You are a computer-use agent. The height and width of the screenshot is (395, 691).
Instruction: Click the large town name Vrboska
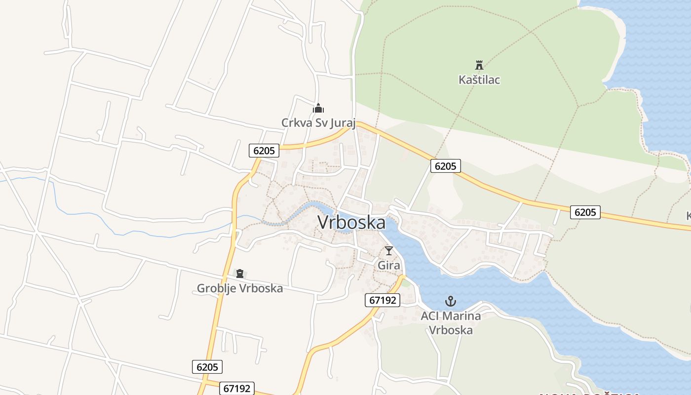(351, 222)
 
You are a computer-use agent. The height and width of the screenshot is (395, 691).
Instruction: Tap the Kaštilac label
(479, 79)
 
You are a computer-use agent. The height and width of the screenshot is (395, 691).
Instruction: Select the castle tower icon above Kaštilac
(479, 65)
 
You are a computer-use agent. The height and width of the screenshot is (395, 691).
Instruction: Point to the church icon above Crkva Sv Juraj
(318, 108)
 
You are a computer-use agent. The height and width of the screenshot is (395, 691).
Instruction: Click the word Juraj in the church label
(342, 122)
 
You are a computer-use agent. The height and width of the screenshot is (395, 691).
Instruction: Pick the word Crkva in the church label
(297, 122)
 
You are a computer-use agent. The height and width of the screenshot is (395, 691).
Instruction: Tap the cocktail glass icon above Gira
(389, 251)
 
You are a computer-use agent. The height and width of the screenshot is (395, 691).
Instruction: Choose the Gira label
(389, 265)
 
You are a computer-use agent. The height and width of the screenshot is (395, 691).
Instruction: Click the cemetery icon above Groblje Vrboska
(240, 274)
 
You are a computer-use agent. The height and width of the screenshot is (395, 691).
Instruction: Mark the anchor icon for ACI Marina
(451, 301)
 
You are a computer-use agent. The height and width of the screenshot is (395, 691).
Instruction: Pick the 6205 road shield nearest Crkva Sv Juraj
(264, 150)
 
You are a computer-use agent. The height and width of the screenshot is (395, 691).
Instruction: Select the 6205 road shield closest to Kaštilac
(446, 166)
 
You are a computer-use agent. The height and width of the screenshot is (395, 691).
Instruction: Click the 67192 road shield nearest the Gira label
(383, 300)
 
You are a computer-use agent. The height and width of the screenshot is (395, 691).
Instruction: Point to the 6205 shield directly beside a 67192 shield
(207, 367)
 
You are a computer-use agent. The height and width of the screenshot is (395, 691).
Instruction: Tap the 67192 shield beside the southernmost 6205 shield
(237, 388)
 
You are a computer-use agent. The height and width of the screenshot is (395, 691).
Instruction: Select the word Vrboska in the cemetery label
(262, 288)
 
